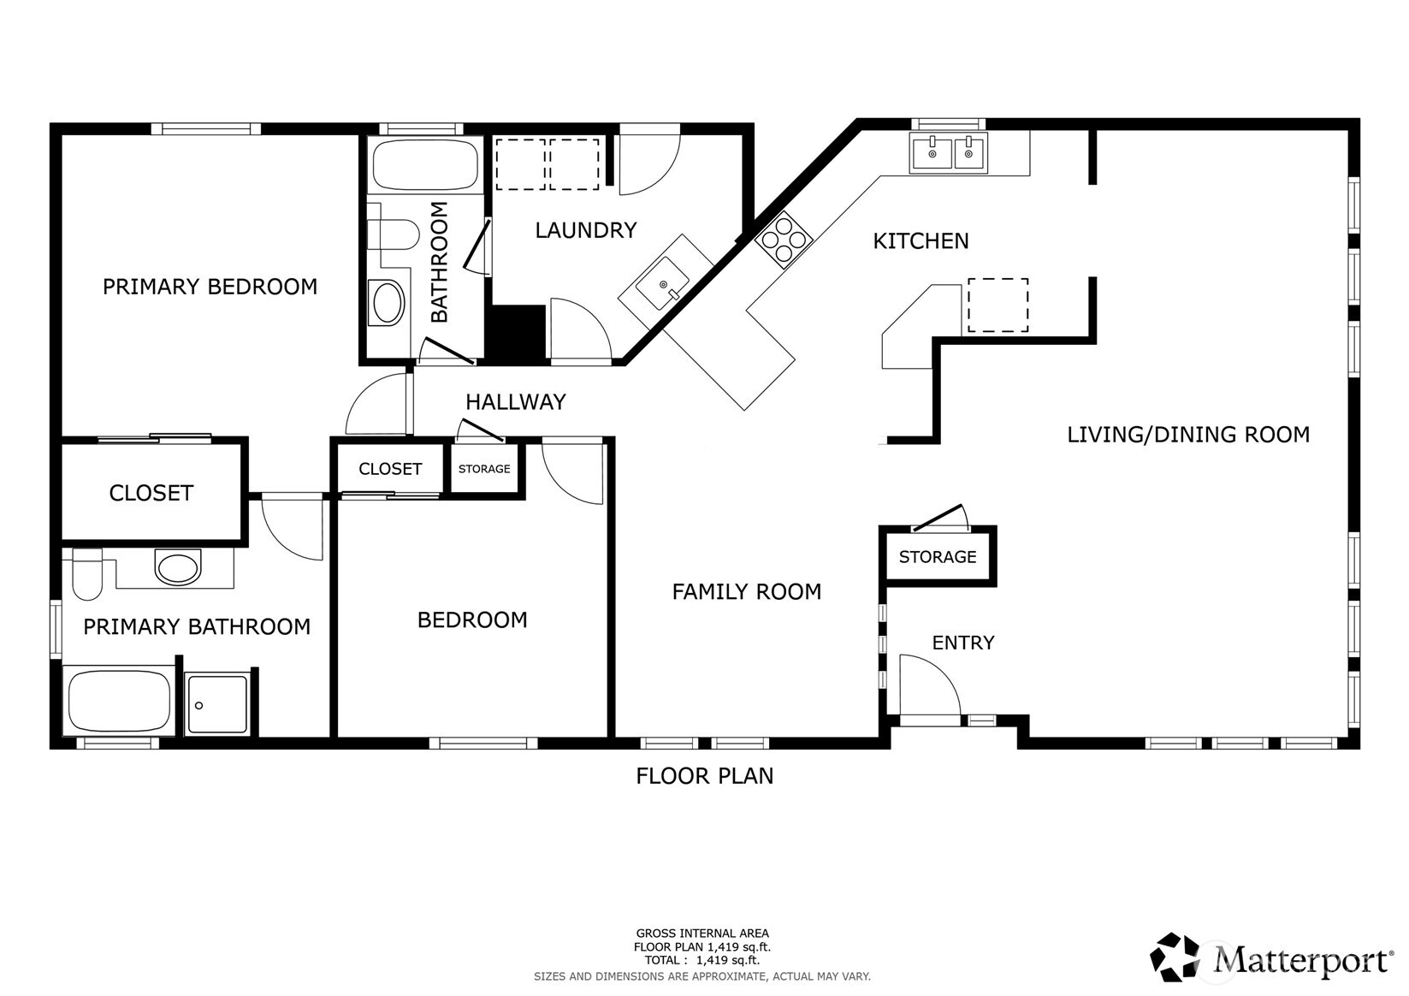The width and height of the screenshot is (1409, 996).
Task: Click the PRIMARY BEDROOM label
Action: [x=210, y=287]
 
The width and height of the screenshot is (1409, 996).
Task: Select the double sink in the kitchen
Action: [x=949, y=154]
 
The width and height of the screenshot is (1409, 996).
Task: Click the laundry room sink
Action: [x=664, y=284]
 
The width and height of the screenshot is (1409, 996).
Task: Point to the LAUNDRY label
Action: [x=585, y=230]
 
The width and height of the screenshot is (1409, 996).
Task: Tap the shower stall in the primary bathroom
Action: [x=218, y=704]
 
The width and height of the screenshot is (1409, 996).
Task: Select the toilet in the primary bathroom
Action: [x=86, y=574]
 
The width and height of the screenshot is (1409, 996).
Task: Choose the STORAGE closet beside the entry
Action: [x=938, y=557]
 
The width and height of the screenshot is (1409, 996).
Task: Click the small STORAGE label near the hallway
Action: [x=484, y=469]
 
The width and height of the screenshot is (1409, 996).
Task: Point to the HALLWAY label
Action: [x=515, y=402]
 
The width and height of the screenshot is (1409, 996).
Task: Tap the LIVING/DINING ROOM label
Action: [x=1187, y=435]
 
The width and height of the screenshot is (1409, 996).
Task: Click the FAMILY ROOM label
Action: [x=746, y=591]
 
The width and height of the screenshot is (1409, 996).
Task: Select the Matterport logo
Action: [x=1271, y=957]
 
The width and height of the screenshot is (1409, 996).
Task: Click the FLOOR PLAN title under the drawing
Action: [x=704, y=776]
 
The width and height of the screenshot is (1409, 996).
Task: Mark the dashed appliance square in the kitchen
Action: [x=997, y=305]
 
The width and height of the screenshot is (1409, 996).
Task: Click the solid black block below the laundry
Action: [x=515, y=334]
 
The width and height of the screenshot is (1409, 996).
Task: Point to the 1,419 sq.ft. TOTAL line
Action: [x=702, y=960]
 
